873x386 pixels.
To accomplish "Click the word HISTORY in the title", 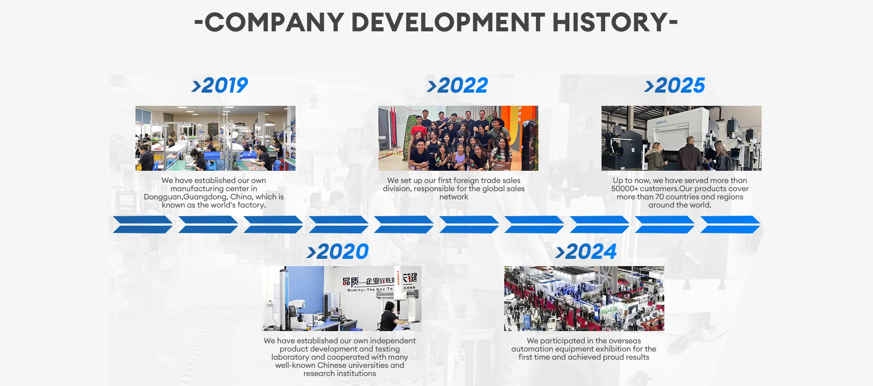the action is pos(610,22).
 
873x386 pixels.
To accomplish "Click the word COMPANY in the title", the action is pos(275,22).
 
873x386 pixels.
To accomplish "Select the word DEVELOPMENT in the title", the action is pos(448,22).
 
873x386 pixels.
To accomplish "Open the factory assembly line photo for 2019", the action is pos(216,139).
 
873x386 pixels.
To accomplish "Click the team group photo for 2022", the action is pos(458,139).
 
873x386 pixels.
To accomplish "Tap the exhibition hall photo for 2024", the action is pos(584,298).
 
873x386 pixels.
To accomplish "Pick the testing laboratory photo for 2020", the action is pos(341,298).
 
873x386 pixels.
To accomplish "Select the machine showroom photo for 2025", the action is pos(682,139).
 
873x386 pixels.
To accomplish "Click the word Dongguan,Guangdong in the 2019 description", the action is pos(186,197).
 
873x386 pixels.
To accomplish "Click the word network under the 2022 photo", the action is pos(454,197).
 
